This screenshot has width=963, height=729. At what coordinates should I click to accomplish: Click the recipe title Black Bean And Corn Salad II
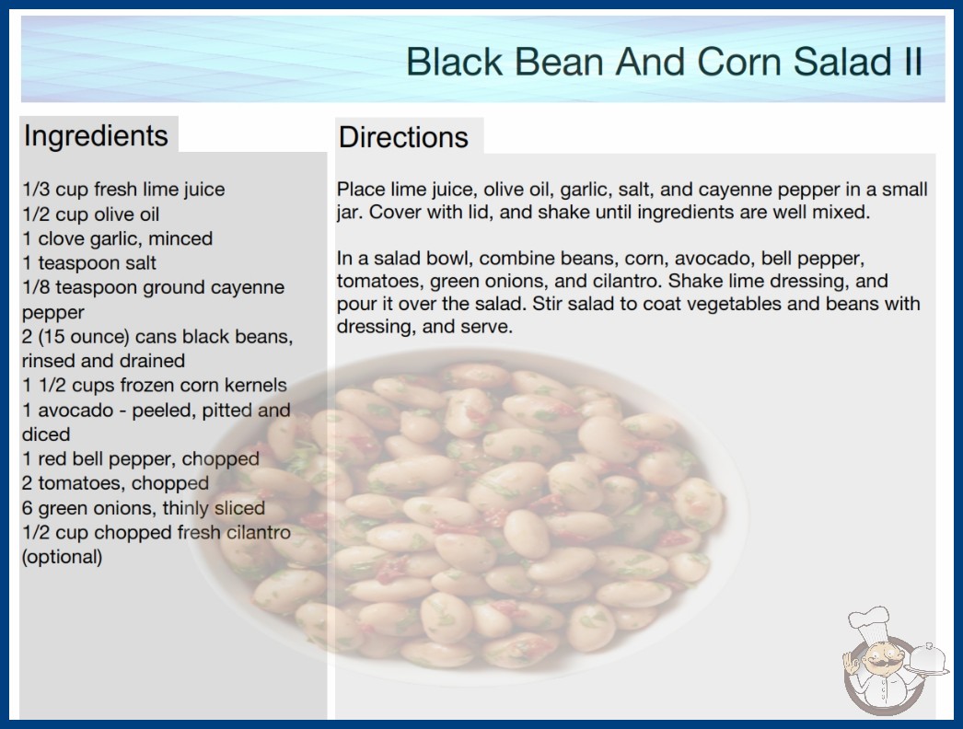click(664, 62)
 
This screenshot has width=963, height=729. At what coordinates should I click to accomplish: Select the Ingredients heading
click(96, 135)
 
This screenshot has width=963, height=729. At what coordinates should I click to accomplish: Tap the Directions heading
click(403, 137)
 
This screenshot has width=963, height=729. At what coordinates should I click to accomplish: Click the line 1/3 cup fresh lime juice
click(123, 190)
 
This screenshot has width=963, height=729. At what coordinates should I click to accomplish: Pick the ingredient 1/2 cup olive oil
click(91, 214)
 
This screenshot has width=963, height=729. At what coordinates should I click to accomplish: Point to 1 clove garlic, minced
click(117, 238)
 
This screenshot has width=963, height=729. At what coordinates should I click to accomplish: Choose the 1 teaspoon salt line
click(89, 263)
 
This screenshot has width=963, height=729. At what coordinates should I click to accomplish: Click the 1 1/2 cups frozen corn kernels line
click(155, 385)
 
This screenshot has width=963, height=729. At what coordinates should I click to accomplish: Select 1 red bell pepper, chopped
click(141, 458)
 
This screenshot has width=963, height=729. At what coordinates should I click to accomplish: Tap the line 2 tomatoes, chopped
click(115, 483)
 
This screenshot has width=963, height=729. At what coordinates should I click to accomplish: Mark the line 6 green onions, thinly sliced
click(144, 508)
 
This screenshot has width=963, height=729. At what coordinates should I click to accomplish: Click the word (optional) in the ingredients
click(62, 557)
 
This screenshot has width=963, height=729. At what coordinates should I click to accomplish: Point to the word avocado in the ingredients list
click(76, 410)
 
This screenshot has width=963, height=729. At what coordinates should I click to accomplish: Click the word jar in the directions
click(349, 213)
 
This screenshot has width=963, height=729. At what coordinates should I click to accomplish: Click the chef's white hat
click(870, 621)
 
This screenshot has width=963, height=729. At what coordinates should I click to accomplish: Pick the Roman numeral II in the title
click(912, 62)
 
